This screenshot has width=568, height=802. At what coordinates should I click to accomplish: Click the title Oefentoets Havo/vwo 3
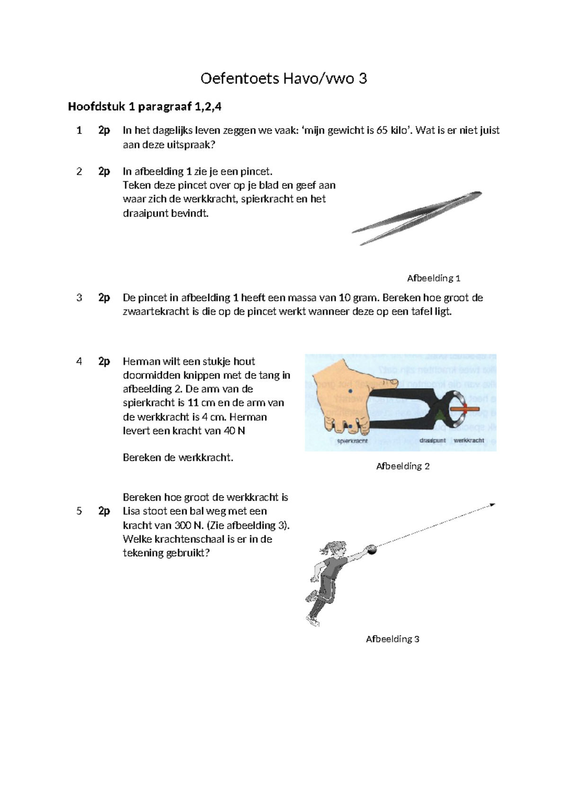284,78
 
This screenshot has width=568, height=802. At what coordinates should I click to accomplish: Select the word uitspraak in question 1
189,145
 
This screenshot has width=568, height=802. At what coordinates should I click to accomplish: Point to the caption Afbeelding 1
434,278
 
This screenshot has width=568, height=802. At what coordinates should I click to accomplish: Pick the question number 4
79,361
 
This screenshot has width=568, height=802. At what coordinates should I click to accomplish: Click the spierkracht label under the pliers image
352,441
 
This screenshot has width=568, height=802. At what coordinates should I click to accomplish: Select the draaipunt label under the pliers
433,440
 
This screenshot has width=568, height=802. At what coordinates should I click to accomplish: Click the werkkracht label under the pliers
469,440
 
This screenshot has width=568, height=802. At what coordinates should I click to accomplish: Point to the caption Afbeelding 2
403,466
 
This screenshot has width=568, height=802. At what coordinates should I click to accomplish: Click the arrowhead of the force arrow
492,505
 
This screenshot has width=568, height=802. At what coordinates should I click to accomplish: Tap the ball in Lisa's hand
373,549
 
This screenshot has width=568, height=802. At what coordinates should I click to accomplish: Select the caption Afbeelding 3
392,639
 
